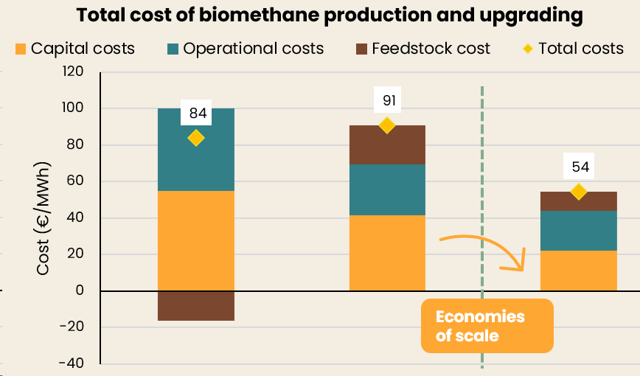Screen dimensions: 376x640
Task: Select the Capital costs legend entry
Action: pyautogui.click(x=74, y=49)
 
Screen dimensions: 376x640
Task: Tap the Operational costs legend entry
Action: pyautogui.click(x=246, y=49)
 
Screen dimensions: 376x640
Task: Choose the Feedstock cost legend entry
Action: pyautogui.click(x=422, y=49)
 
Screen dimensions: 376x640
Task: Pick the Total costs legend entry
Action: pyautogui.click(x=571, y=49)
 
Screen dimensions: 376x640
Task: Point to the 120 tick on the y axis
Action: pyautogui.click(x=74, y=72)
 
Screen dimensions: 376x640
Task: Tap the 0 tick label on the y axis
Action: pyautogui.click(x=79, y=290)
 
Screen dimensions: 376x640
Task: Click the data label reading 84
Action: pyautogui.click(x=198, y=114)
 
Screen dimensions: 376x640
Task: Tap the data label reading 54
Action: pyautogui.click(x=580, y=167)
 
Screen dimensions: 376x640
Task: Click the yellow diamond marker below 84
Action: pyautogui.click(x=196, y=138)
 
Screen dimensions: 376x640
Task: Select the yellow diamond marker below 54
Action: pyautogui.click(x=579, y=192)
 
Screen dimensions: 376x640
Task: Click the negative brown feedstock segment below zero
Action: pyautogui.click(x=196, y=305)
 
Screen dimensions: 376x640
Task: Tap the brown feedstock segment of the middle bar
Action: pyautogui.click(x=387, y=145)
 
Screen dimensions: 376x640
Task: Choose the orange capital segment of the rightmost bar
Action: pyautogui.click(x=579, y=271)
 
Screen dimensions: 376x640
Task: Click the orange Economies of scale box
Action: pyautogui.click(x=487, y=326)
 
